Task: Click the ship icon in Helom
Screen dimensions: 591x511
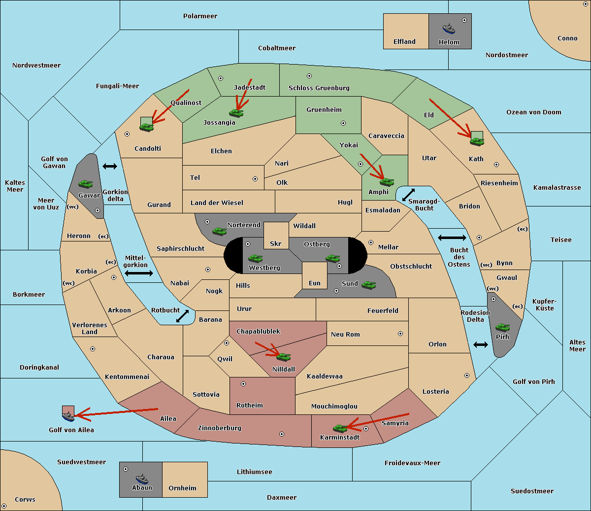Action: pyautogui.click(x=449, y=29)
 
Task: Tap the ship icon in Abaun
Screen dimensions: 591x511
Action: pyautogui.click(x=142, y=478)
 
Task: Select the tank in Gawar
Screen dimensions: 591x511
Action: pyautogui.click(x=86, y=184)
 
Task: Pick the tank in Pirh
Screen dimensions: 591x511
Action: pyautogui.click(x=502, y=328)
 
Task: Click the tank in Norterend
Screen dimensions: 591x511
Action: pyautogui.click(x=219, y=231)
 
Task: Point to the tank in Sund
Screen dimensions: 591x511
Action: pyautogui.click(x=368, y=285)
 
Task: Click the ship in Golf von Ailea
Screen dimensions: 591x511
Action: pyautogui.click(x=68, y=416)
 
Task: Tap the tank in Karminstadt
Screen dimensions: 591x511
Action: pyautogui.click(x=340, y=428)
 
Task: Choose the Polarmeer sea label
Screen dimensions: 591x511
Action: pyautogui.click(x=200, y=16)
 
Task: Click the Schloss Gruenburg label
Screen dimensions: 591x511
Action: pyautogui.click(x=319, y=88)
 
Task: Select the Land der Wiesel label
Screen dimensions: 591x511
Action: pyautogui.click(x=217, y=203)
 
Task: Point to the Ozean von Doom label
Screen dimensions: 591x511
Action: pyautogui.click(x=534, y=112)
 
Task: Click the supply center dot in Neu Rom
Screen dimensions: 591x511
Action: pyautogui.click(x=400, y=334)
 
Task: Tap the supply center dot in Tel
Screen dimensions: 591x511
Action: pyautogui.click(x=255, y=179)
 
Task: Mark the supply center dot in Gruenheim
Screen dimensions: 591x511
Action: pyautogui.click(x=343, y=123)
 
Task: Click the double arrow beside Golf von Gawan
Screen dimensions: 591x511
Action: pyautogui.click(x=110, y=166)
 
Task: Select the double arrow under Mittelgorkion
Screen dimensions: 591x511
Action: pyautogui.click(x=139, y=273)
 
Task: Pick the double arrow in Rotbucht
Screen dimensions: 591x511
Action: pyautogui.click(x=182, y=316)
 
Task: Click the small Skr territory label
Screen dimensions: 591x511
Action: pyautogui.click(x=276, y=243)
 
